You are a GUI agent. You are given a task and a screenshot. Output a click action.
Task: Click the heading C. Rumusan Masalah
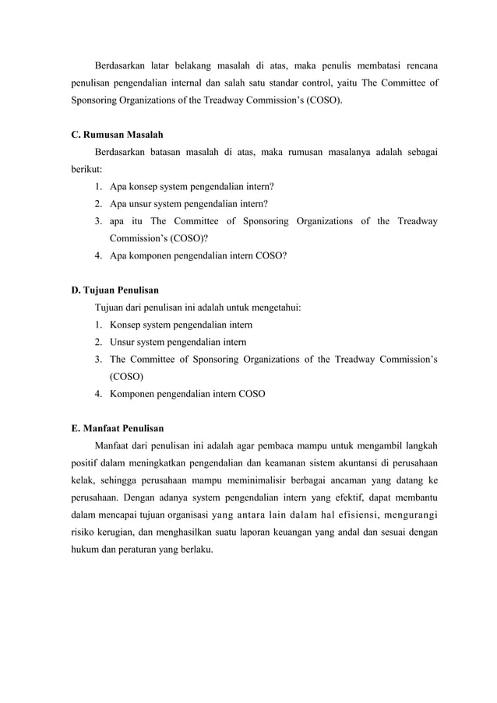pyautogui.click(x=117, y=135)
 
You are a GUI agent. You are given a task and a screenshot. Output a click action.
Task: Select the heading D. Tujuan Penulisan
pyautogui.click(x=115, y=290)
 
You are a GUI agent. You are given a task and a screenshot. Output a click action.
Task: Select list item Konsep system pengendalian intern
pyautogui.click(x=181, y=324)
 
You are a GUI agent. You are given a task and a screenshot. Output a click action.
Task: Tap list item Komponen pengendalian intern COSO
pyautogui.click(x=187, y=394)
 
